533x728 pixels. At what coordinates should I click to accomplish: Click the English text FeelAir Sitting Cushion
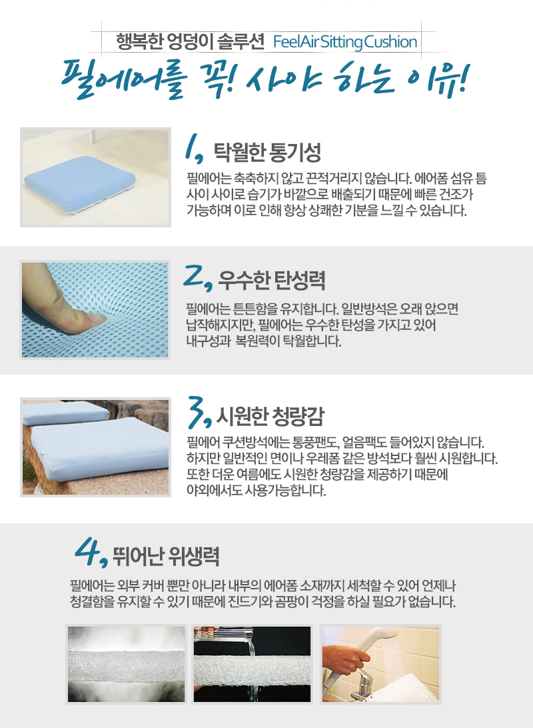(x=345, y=42)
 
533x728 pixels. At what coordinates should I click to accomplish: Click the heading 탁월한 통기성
(x=267, y=152)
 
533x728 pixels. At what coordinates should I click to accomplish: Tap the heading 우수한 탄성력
(x=272, y=280)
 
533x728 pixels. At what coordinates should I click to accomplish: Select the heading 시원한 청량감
(x=270, y=416)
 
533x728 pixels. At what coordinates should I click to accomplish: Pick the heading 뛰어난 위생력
(x=166, y=555)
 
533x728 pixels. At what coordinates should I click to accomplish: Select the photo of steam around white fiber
(x=126, y=664)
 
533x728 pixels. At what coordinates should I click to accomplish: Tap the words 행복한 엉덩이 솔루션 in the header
(x=190, y=42)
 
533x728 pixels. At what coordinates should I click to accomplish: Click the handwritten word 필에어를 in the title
(x=125, y=79)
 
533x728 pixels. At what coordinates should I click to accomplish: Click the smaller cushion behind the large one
(x=65, y=412)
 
